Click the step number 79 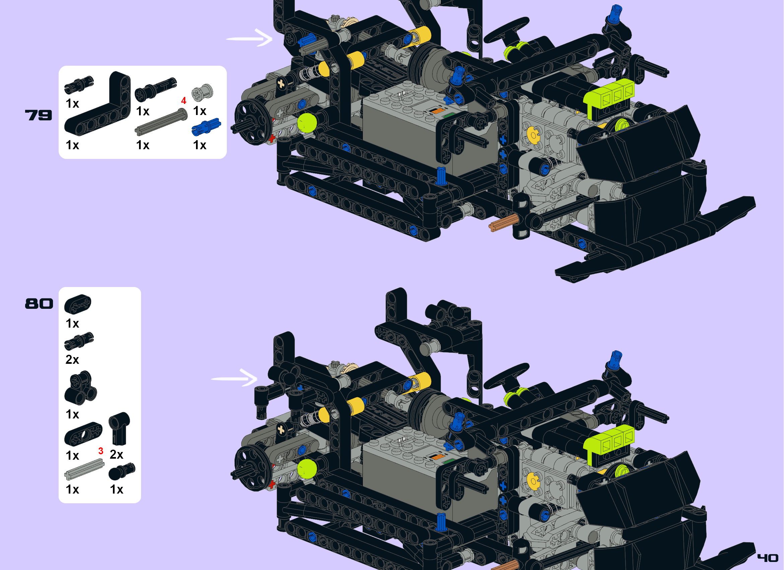[x=39, y=115]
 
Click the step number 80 [x=39, y=304]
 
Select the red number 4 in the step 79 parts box [x=184, y=101]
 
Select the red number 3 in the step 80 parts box [x=101, y=451]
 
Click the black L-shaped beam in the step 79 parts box [x=100, y=107]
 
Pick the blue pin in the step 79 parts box [x=206, y=127]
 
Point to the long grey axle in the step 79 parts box [x=161, y=122]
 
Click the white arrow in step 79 [x=250, y=38]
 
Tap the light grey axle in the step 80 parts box [x=84, y=469]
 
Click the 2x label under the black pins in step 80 [x=72, y=360]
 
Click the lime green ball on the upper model [x=307, y=123]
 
